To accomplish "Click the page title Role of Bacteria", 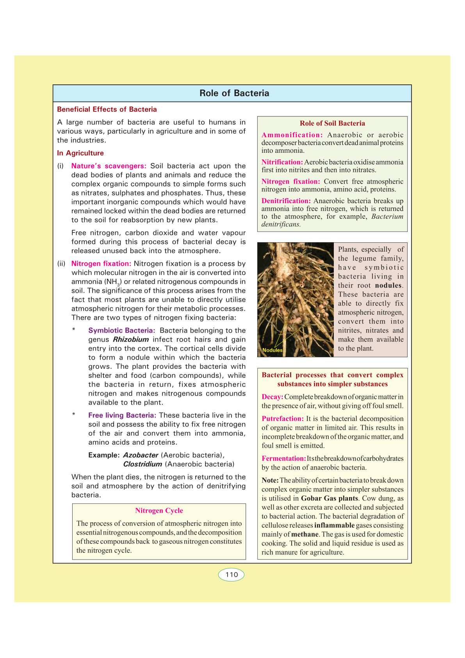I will (234, 93).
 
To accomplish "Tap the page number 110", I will (232, 574).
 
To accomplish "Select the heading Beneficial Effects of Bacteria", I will (107, 109).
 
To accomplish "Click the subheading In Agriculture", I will (80, 153).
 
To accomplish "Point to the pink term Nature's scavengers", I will (109, 166).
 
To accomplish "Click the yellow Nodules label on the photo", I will (273, 350).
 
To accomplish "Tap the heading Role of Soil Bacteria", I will (332, 123).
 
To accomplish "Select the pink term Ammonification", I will (292, 135).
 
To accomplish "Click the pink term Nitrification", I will (282, 162).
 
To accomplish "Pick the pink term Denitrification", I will (286, 201).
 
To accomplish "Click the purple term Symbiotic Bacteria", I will (121, 331).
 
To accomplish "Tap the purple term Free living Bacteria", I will (122, 415).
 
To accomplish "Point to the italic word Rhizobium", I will (131, 340).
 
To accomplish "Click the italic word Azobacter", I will (141, 455).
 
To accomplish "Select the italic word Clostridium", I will (143, 464).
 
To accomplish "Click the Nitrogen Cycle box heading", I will (159, 511).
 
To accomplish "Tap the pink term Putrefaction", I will (282, 418).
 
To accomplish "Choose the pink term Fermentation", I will (283, 458).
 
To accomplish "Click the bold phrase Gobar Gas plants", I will (330, 498).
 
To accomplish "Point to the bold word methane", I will (305, 534).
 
